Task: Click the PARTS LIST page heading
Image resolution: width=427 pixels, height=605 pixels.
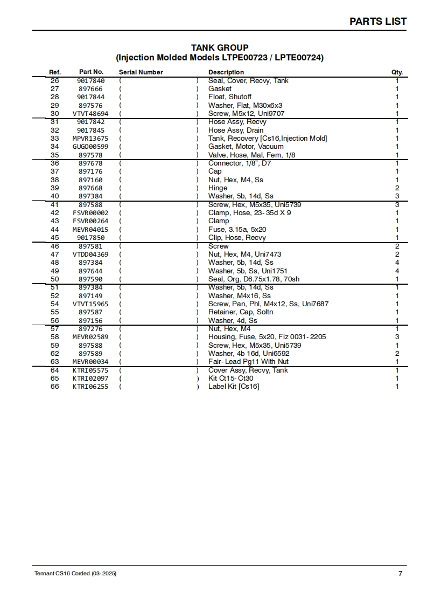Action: [378, 22]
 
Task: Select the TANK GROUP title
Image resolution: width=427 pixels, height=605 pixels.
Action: [220, 48]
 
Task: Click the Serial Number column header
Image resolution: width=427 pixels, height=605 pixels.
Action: [141, 72]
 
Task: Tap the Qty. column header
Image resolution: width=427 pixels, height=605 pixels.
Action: [397, 72]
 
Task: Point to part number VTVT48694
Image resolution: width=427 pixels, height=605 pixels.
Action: [90, 114]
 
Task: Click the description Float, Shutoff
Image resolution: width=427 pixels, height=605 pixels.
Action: [230, 97]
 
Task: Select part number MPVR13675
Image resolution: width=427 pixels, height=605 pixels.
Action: [90, 139]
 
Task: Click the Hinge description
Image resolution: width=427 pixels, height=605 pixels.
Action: [218, 188]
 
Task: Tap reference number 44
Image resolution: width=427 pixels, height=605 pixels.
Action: [54, 229]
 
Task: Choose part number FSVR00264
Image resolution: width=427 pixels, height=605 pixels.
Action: [90, 221]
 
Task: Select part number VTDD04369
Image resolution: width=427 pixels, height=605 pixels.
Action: [90, 255]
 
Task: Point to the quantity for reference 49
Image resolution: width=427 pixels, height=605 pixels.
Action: [397, 271]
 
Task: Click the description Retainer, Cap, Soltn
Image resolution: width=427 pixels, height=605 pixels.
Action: [241, 312]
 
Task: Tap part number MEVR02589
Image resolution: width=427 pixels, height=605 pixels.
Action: [90, 337]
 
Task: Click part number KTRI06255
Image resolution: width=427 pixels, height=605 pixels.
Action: [90, 387]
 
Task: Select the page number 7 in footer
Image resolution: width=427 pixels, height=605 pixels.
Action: [400, 574]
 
